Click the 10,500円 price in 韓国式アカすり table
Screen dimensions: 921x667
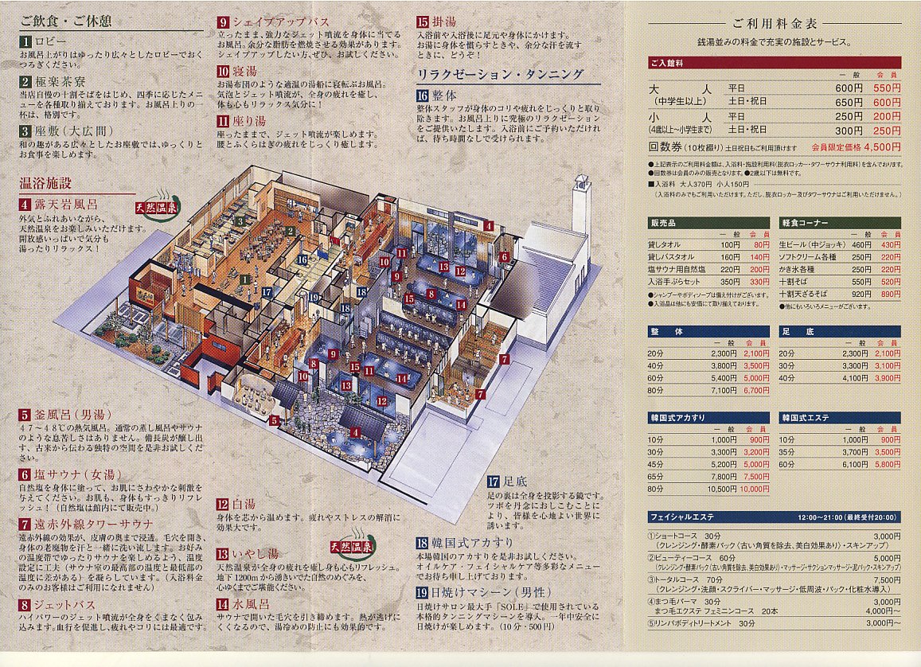721,489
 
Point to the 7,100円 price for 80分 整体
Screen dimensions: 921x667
724,391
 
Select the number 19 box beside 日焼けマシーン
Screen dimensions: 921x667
422,592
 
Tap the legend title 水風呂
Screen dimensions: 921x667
249,603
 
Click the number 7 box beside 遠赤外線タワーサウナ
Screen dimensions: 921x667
26,523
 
